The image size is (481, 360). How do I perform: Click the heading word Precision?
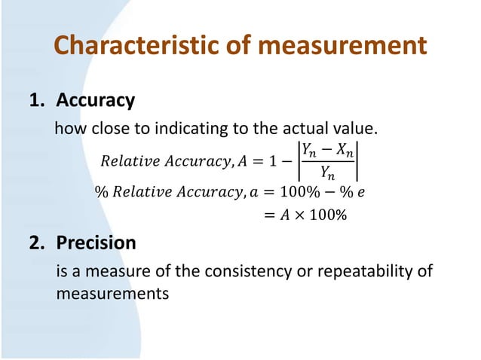(97, 243)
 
